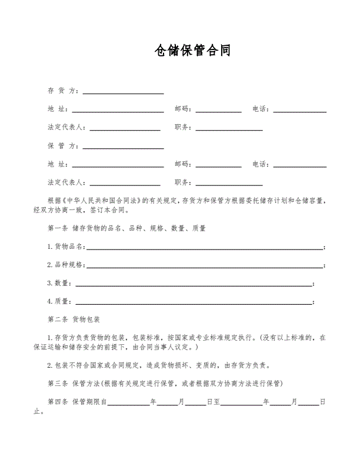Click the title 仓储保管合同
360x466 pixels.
click(192, 51)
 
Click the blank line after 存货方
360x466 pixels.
click(123, 92)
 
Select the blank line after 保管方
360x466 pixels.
click(123, 147)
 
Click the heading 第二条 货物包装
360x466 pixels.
click(74, 320)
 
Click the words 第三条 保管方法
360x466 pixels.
click(74, 384)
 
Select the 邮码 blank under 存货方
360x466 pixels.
click(218, 111)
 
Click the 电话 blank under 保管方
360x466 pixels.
click(300, 165)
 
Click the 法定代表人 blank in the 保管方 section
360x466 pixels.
click(125, 184)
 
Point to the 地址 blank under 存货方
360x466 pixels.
click(118, 111)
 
